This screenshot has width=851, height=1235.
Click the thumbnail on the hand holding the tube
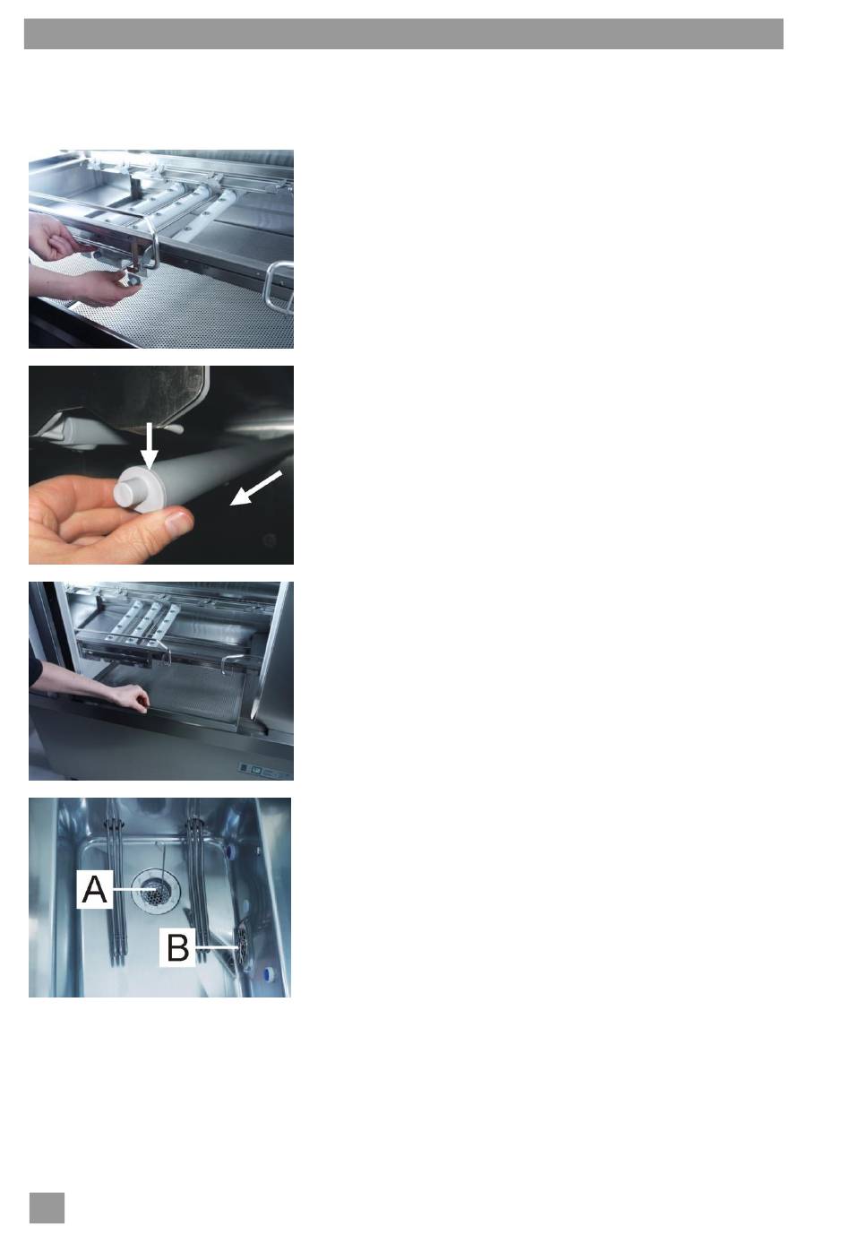click(178, 520)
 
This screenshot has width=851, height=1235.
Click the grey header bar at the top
click(403, 34)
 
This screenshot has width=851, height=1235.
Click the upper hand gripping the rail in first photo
click(56, 238)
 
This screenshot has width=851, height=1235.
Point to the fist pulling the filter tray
click(130, 698)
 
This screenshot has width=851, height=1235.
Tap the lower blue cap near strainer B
click(268, 974)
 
